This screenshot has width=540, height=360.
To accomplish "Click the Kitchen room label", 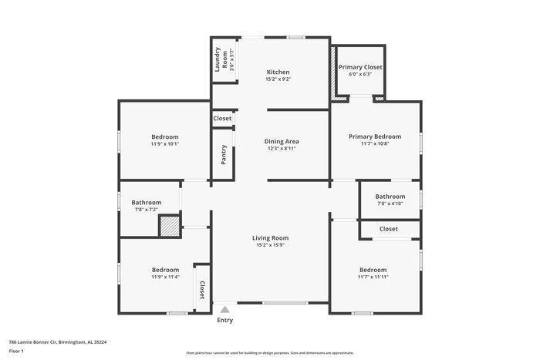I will (x=277, y=72).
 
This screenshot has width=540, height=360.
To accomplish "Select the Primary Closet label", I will (x=360, y=67).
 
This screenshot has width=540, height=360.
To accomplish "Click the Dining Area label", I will (x=281, y=141).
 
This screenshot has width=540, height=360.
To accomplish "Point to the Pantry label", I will (x=224, y=155).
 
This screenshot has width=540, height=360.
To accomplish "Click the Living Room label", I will (x=270, y=238).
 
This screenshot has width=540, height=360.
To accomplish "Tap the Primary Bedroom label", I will (x=375, y=136).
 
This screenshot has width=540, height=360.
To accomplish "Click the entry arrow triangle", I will (x=224, y=308).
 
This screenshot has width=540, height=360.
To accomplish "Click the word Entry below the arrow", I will (x=224, y=320).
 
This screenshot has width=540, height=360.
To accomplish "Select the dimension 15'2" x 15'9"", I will (x=270, y=246).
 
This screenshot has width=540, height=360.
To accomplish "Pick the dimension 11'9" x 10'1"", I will (x=164, y=143).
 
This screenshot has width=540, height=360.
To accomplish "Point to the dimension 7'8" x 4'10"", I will (x=390, y=204).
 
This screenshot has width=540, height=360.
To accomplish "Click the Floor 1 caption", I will (x=17, y=351).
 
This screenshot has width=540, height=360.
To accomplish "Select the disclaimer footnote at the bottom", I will (x=269, y=352).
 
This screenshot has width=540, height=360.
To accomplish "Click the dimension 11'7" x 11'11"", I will (x=374, y=277).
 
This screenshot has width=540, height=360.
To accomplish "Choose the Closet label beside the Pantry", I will (x=223, y=119).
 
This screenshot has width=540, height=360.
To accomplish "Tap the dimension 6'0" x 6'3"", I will (x=360, y=75).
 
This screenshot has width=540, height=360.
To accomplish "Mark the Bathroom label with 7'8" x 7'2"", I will (x=146, y=202).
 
